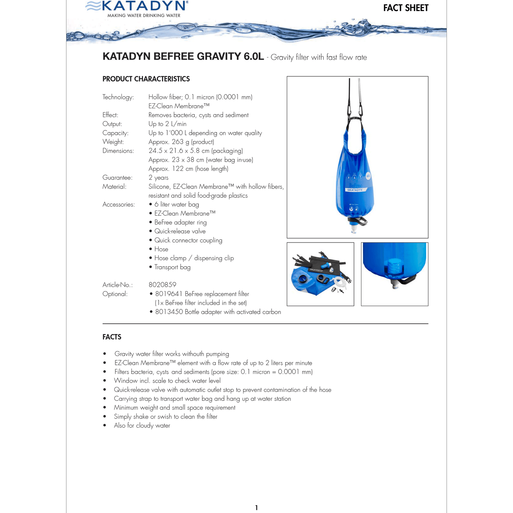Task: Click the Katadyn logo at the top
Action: point(137,9)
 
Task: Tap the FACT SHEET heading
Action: point(406,8)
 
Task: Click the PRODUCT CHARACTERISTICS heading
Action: point(146,79)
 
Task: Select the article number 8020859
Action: point(162,285)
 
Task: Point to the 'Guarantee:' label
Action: point(117,178)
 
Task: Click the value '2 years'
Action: point(158,178)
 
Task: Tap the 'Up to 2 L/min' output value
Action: point(167,124)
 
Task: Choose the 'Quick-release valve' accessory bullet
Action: point(180,231)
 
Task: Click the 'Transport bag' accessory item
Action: point(172,267)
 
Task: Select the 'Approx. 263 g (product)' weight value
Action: point(181,142)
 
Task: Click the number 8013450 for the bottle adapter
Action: point(169,312)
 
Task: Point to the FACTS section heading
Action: point(112,337)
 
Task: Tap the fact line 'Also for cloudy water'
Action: point(142,425)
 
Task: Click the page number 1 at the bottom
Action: point(256,508)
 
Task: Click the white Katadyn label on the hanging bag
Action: point(355,190)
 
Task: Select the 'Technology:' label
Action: point(118,97)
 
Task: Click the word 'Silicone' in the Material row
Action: point(159,186)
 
